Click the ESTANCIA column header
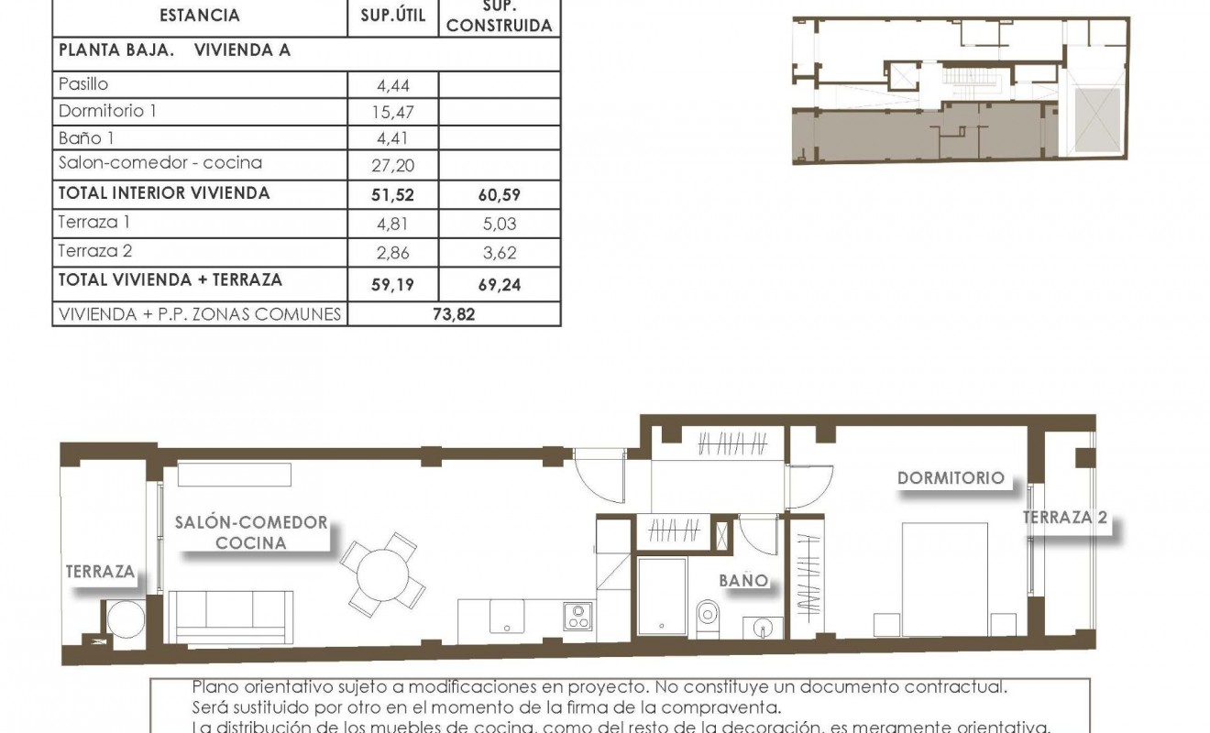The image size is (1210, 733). [x=199, y=15]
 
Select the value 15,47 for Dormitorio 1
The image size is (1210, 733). [x=393, y=112]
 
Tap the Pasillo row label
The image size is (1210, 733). [x=83, y=84]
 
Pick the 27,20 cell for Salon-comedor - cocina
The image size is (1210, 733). [x=393, y=165]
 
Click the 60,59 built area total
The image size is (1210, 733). [x=500, y=194]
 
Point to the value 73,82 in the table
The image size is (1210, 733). [x=454, y=315]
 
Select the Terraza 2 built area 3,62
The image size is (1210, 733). [x=500, y=252]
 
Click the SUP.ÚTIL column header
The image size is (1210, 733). [x=393, y=15]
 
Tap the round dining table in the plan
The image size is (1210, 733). [x=383, y=574]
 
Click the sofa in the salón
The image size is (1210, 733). [x=232, y=617]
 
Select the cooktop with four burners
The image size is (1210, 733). [x=577, y=616]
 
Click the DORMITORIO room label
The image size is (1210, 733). [x=951, y=478]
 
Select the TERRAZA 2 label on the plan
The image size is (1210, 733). [x=1065, y=518]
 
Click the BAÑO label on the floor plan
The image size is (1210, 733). [x=742, y=581]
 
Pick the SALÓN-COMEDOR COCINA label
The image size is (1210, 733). [x=250, y=532]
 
